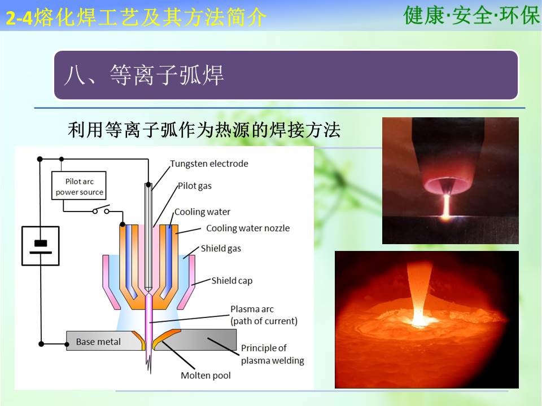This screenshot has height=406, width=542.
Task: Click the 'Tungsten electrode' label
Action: pos(209,164)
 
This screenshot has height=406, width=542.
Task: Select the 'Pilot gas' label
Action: pos(195,186)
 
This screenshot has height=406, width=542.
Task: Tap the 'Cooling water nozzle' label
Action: pos(248,228)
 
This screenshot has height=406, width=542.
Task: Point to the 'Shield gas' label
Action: pos(221,249)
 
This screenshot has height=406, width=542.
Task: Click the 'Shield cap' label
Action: pos(232,281)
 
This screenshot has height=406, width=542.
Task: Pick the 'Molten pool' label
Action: pos(206,376)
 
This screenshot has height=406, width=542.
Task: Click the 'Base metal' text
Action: pos(98,342)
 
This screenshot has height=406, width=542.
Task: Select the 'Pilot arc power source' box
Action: pos(79,186)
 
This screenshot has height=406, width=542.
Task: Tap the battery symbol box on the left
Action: pos(41,246)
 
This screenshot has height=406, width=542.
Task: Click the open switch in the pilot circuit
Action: pos(101,210)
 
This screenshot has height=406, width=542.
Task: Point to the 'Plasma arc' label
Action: pos(264,315)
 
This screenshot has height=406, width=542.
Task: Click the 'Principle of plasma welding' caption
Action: pos(272,354)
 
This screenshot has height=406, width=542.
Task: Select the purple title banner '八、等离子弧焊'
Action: pos(286,75)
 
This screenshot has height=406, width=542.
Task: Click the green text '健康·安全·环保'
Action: pos(471,16)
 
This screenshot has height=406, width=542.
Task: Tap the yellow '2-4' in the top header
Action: pos(19,18)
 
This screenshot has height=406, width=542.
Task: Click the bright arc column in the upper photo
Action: pos(447,206)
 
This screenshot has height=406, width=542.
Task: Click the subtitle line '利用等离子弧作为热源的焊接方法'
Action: pos(204,130)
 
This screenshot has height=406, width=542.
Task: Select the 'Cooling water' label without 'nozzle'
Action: pos(202,211)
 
